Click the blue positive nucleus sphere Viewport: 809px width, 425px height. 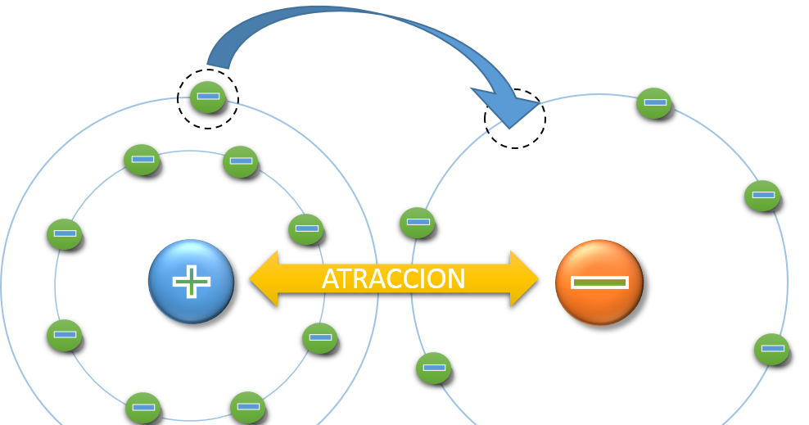(x=191, y=281)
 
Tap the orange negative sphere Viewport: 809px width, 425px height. (x=599, y=282)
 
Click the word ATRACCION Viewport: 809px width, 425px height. (x=393, y=279)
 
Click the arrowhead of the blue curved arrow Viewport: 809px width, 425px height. (x=507, y=110)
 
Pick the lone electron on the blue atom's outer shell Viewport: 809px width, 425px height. (x=207, y=97)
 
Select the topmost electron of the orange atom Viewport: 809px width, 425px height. (x=653, y=103)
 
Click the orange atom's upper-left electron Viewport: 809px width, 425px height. (x=417, y=222)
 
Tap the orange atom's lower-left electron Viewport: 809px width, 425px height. (x=433, y=368)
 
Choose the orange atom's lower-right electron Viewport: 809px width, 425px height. (x=771, y=348)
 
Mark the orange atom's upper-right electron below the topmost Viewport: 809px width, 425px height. (x=762, y=196)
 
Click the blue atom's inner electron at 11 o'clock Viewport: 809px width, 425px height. (x=142, y=159)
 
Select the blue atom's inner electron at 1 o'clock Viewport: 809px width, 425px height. (x=240, y=161)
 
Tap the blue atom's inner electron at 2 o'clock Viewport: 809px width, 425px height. (x=305, y=229)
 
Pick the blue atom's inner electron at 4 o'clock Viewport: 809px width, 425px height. (x=319, y=337)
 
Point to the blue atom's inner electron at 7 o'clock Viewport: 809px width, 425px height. (x=142, y=407)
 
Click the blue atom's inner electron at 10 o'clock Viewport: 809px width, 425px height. (x=64, y=233)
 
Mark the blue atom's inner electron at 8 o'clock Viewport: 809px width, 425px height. (x=64, y=335)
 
